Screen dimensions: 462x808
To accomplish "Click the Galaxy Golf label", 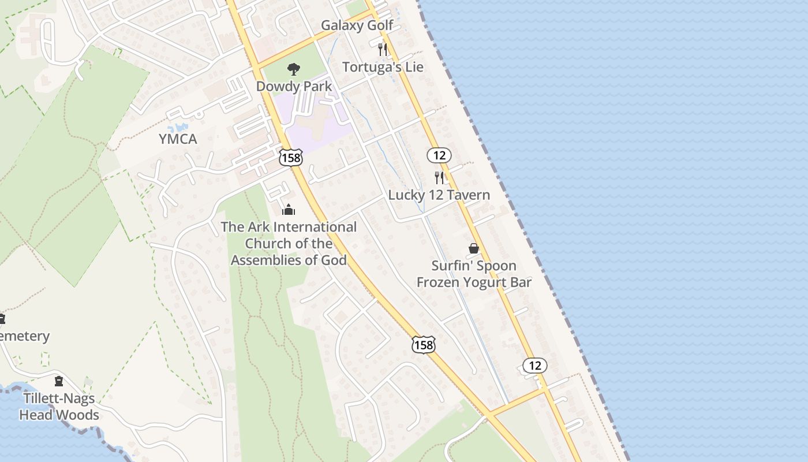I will coord(357,25).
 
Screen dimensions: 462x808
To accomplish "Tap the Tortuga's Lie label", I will coord(383,67).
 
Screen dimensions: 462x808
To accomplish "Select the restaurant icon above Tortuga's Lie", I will coord(382,49).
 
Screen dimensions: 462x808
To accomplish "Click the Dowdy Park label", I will coord(294,87).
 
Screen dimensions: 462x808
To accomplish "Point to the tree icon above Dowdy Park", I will coord(294,69).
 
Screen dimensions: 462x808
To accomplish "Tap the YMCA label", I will coord(178,139).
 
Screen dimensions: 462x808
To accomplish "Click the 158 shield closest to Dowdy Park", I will coord(290,157).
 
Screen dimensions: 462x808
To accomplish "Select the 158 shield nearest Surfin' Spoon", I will coord(423,345).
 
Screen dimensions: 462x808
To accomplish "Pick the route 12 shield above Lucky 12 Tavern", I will coord(439,155).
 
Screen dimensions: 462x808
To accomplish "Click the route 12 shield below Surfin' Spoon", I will coord(534,365).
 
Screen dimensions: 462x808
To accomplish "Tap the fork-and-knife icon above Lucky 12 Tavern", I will coord(439,177).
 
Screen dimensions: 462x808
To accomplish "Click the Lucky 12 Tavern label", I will coord(439,195).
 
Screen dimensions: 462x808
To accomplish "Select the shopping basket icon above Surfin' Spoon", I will coord(474,248).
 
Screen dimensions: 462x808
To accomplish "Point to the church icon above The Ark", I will coord(289,210).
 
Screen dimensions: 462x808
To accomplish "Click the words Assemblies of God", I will coord(289,260).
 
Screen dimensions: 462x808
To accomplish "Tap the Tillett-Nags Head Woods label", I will coord(59,407).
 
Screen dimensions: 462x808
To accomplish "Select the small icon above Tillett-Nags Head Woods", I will coord(59,381).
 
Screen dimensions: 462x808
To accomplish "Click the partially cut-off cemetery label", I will coord(24,336).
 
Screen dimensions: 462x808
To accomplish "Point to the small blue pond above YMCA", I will coord(178,126).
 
